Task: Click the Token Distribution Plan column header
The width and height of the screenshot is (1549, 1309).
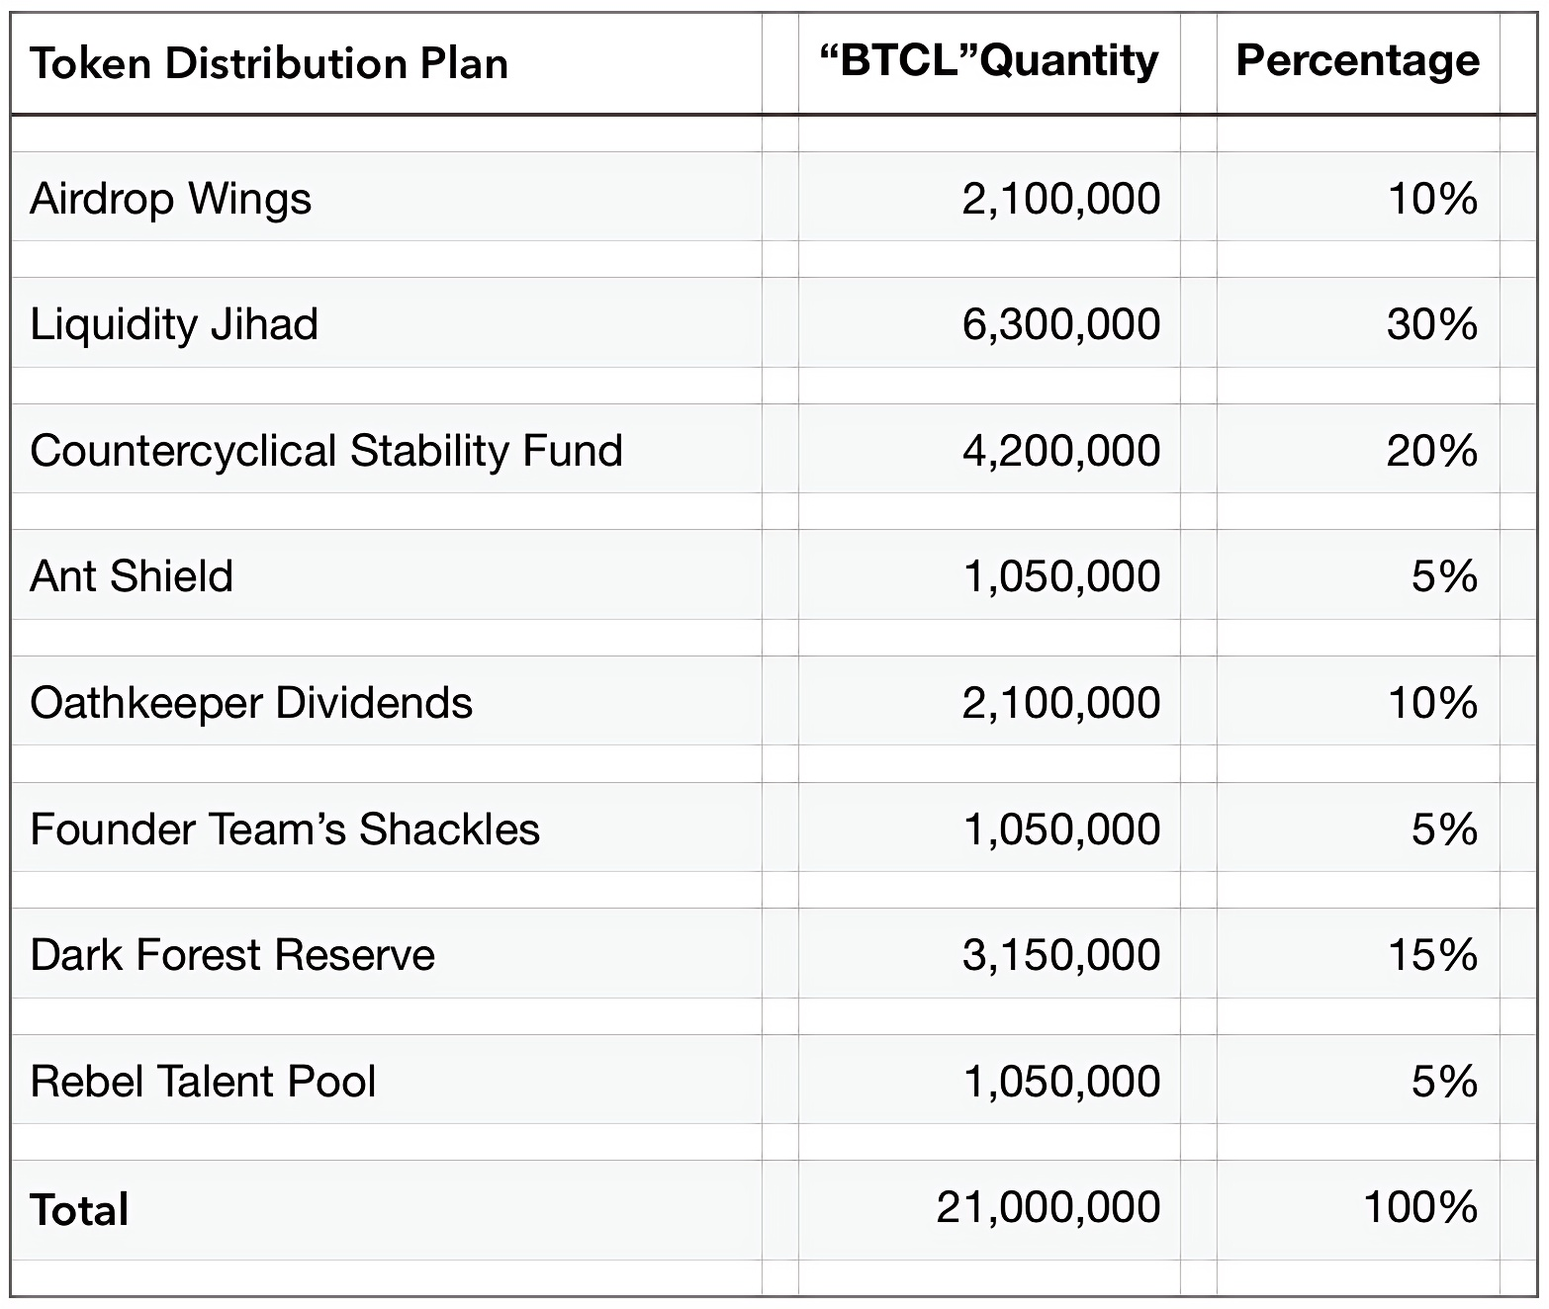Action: (269, 63)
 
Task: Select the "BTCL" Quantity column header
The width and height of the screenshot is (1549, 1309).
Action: (989, 60)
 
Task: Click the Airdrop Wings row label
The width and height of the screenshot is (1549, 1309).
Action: (170, 199)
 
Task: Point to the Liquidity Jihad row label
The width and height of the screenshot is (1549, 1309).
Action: (174, 324)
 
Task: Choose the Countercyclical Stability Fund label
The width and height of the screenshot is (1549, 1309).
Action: (326, 451)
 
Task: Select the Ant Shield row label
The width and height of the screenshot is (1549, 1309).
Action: (132, 576)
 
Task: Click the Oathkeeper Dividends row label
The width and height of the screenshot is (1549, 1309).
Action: (251, 703)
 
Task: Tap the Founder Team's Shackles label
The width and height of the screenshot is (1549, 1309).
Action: (285, 829)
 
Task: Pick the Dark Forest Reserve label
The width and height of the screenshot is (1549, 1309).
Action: (232, 955)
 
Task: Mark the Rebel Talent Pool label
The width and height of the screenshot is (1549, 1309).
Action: (203, 1082)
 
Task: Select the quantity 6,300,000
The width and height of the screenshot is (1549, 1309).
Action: (1061, 325)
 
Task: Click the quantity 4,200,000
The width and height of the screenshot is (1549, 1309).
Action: (1061, 452)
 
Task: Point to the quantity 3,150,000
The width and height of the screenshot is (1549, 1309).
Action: (1061, 955)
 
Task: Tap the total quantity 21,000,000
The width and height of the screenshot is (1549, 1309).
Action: (1048, 1208)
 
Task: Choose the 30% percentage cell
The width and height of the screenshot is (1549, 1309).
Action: (1432, 325)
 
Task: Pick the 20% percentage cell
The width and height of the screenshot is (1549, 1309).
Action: (1432, 452)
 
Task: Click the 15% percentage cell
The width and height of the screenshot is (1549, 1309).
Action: (1433, 955)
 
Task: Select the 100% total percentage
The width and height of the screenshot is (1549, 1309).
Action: (1420, 1208)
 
